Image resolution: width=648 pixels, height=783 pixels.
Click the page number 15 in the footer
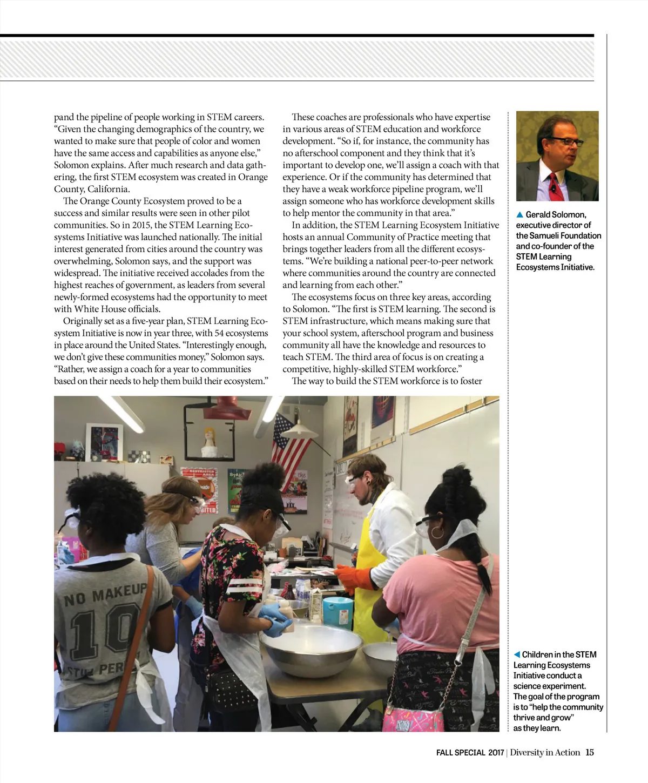click(x=590, y=752)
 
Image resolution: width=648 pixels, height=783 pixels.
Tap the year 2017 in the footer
click(x=496, y=752)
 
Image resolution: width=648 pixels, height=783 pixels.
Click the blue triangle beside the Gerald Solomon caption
click(x=520, y=215)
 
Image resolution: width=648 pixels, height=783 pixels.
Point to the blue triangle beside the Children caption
click(x=517, y=654)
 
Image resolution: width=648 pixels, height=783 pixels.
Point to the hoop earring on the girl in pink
click(x=437, y=533)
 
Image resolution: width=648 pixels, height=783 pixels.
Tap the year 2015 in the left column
click(x=142, y=225)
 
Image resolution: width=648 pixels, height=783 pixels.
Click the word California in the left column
click(x=109, y=189)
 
